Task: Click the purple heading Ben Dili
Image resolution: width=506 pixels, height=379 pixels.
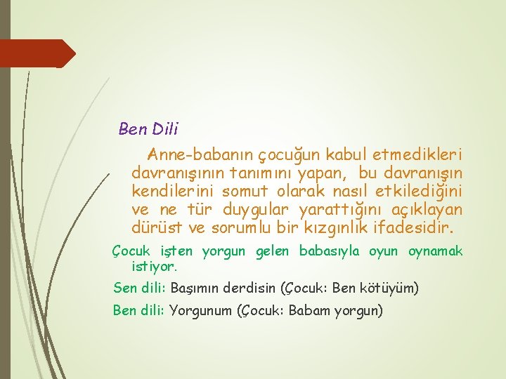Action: coord(148,129)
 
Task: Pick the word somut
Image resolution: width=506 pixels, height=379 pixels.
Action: coord(241,191)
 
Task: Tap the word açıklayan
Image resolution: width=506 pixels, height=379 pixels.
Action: coord(428,209)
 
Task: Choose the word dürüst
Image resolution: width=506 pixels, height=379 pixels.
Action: coord(156,227)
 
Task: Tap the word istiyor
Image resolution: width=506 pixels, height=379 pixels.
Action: coord(155,267)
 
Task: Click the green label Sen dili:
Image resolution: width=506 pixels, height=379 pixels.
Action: coord(140,288)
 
